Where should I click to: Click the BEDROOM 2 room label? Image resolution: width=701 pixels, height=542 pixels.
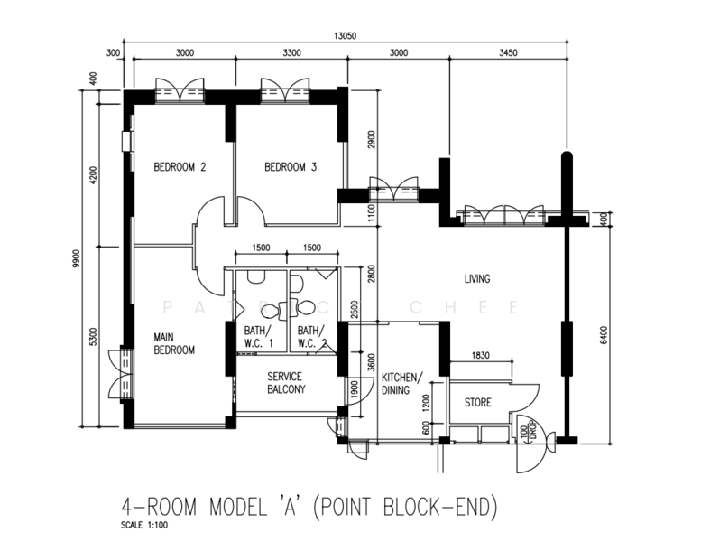(180, 167)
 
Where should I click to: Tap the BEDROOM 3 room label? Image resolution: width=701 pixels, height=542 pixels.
(291, 167)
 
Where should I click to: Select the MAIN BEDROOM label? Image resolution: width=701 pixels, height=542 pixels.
(174, 343)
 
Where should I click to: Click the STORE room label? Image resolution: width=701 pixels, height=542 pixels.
(478, 402)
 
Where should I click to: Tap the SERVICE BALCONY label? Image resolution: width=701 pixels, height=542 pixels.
(285, 383)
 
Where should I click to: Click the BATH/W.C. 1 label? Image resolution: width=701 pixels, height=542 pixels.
(260, 336)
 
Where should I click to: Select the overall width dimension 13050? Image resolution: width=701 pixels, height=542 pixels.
(345, 36)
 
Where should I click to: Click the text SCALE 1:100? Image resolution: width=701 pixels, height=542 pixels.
(145, 524)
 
